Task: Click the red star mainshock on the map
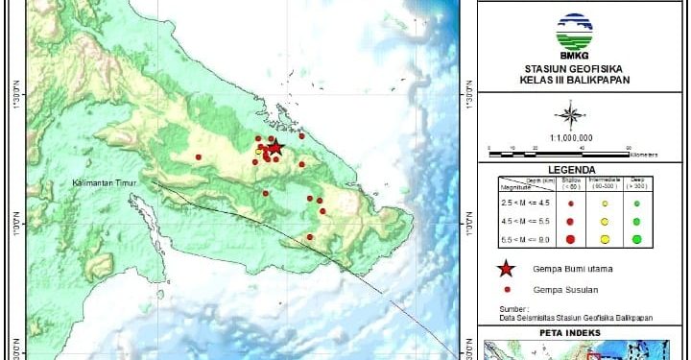pos(275,147)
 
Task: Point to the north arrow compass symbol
pos(571,117)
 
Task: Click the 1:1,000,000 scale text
pos(571,137)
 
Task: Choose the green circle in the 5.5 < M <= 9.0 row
pos(636,239)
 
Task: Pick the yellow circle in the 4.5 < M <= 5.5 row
pos(605,222)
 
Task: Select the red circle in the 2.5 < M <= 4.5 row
pos(571,204)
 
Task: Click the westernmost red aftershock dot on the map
pos(199,156)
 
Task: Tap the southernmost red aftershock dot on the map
pos(309,237)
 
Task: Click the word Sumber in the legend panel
pos(512,306)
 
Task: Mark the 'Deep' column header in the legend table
pos(635,181)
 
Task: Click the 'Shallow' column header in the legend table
pos(571,181)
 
